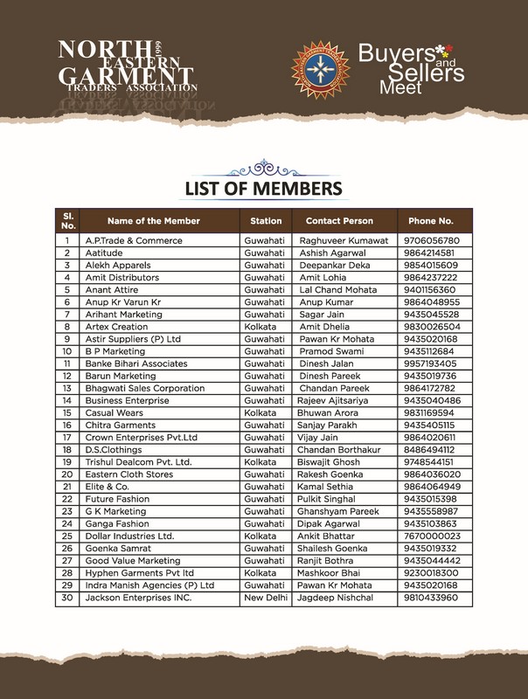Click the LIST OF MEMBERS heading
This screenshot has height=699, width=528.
click(x=262, y=188)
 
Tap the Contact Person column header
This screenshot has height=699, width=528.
click(x=339, y=221)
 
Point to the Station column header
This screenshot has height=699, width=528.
click(x=266, y=221)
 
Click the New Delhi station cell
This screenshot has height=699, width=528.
click(x=266, y=598)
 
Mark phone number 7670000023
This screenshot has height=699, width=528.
click(x=431, y=536)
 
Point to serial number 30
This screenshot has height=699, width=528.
click(x=66, y=598)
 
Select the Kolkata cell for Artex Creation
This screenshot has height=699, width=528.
click(x=262, y=326)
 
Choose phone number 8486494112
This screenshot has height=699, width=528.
click(x=431, y=449)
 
